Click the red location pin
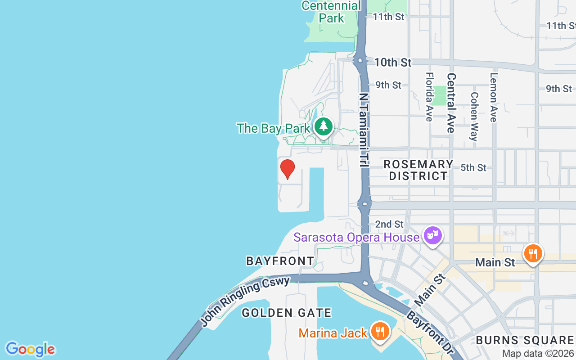pos(288,169)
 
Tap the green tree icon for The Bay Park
pos(323,126)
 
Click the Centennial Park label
pos(331,12)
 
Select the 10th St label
pos(392,63)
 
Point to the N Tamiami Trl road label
pos(364,130)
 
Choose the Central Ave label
pos(451,103)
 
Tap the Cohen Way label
pos(474,117)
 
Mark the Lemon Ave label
pos(494,97)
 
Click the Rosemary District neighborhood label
pos(418,170)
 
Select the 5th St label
pos(473,168)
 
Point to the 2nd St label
pos(389,224)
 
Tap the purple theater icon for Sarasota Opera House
pos(432,235)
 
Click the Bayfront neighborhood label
pos(280,261)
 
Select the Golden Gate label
pos(287,313)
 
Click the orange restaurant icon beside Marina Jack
pos(380,332)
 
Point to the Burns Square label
pos(525,340)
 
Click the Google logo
pos(30,349)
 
